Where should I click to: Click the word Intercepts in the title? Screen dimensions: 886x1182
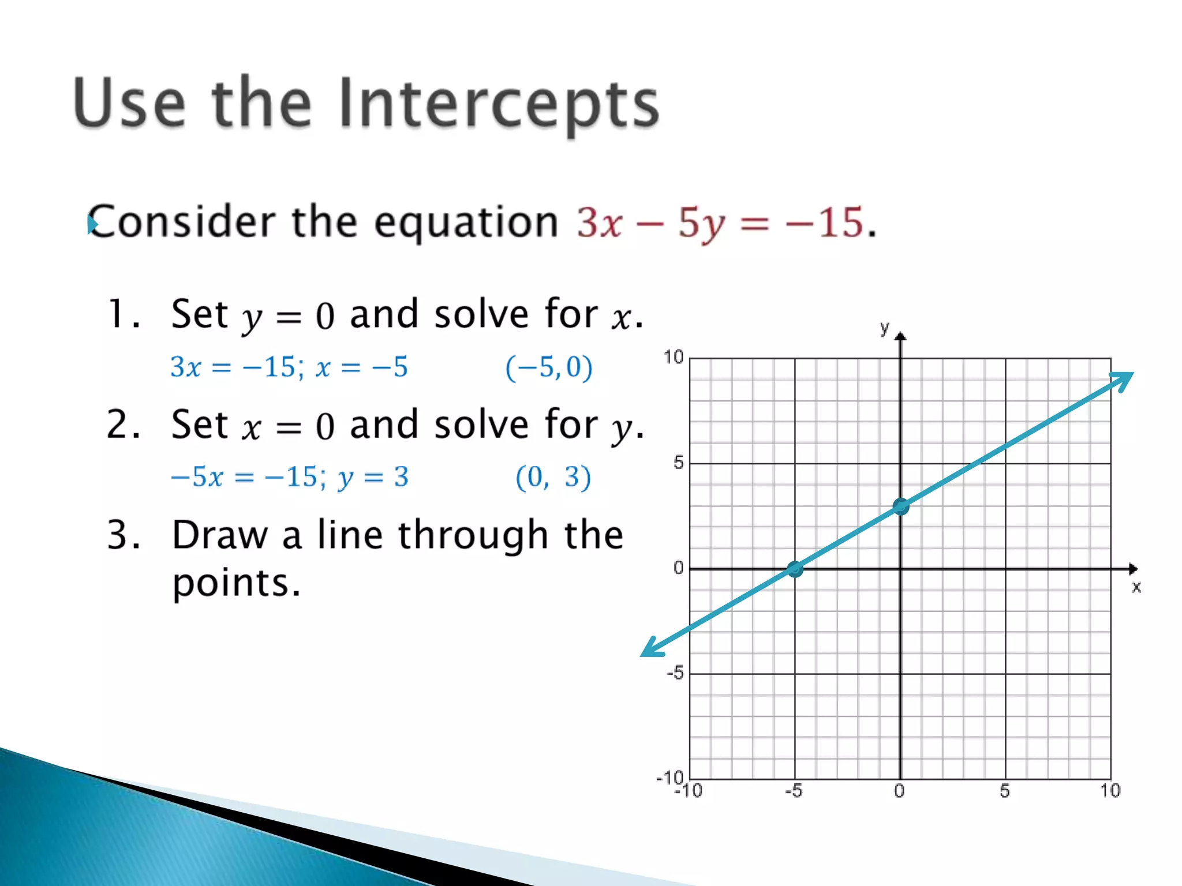point(499,104)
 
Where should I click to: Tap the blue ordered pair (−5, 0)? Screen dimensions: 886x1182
point(549,367)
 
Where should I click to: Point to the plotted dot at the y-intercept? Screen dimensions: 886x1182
point(900,507)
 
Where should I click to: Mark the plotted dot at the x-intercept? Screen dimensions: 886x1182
point(795,569)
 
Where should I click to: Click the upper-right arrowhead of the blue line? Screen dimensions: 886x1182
point(1123,381)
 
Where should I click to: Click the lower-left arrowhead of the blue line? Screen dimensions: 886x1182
point(652,648)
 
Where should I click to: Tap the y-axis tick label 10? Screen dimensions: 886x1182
point(673,357)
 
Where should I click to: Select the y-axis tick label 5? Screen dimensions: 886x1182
point(678,462)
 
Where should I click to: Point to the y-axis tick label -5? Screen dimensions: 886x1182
point(675,673)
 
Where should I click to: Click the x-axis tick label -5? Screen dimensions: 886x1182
point(794,791)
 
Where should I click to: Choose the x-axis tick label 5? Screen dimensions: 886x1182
point(1005,791)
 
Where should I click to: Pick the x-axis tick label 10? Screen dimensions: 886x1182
point(1109,791)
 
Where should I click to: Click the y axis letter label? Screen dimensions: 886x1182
point(884,328)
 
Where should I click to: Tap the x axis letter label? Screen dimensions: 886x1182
point(1136,588)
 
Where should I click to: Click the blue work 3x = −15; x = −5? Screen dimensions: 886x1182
point(289,367)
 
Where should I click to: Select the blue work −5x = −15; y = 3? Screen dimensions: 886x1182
point(290,477)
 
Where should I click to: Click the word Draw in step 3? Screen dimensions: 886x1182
point(220,535)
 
